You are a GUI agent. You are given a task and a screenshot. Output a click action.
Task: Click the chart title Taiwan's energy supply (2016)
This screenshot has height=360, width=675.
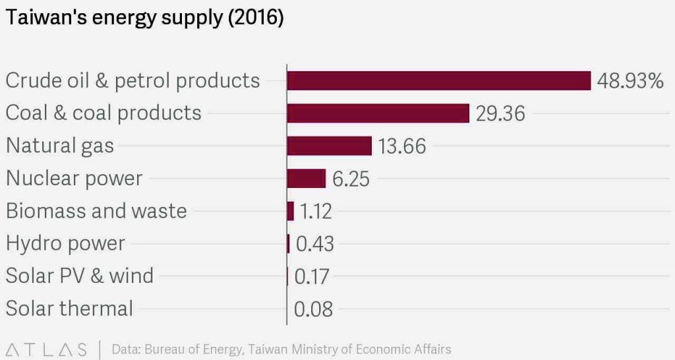tap(144, 19)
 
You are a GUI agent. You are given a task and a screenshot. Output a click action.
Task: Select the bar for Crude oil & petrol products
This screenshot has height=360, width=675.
tap(438, 80)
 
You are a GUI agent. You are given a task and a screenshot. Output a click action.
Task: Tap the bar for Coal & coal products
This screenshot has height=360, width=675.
tap(378, 113)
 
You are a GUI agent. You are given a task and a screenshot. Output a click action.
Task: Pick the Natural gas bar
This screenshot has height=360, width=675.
tap(330, 146)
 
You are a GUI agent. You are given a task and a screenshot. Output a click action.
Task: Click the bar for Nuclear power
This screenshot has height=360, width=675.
tap(307, 178)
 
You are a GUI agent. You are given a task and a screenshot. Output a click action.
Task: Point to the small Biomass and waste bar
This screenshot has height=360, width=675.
tap(291, 211)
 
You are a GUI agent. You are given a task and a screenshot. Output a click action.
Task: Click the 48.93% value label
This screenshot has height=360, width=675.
tap(630, 81)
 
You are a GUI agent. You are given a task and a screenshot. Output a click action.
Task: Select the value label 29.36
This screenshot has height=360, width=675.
tap(500, 113)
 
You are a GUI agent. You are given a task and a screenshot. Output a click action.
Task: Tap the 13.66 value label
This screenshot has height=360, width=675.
tap(401, 146)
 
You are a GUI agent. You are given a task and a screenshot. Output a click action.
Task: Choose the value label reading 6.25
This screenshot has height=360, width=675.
tap(351, 179)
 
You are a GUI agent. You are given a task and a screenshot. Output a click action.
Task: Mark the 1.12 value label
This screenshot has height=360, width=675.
tap(315, 212)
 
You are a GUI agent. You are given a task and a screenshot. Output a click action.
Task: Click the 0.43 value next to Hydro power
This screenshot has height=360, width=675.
tap(314, 244)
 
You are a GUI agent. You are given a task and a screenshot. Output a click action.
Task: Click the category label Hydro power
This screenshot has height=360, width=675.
tap(65, 243)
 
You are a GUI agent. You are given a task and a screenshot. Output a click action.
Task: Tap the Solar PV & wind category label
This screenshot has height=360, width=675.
tap(80, 276)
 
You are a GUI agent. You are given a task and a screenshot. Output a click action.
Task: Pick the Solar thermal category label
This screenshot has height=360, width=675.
tap(69, 308)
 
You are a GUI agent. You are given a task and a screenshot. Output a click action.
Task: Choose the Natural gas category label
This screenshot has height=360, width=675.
tap(60, 146)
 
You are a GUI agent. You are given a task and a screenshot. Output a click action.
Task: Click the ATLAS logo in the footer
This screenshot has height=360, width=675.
tap(45, 349)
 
